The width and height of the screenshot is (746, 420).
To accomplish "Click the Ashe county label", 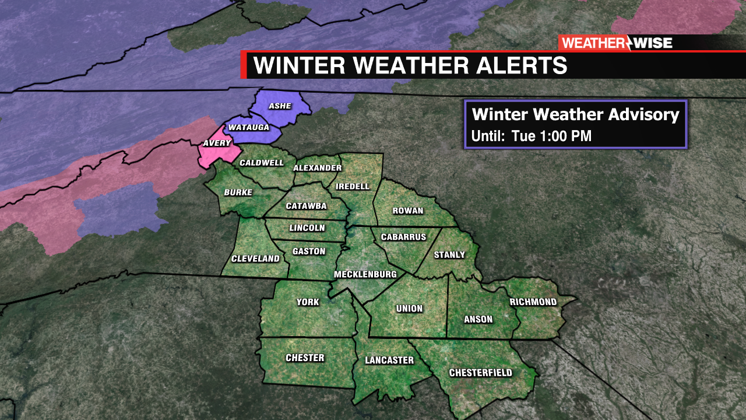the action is [280, 107].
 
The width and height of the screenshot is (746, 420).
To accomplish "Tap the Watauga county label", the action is [248, 127].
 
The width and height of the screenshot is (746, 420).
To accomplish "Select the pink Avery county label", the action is [217, 143].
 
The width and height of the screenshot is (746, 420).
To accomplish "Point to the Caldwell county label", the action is [262, 163].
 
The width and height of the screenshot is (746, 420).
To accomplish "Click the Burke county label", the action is [238, 192].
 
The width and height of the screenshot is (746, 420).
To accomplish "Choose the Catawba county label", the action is [306, 206].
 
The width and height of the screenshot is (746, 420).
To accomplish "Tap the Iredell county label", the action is [353, 186].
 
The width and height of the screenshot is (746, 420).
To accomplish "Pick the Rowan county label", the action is [408, 211].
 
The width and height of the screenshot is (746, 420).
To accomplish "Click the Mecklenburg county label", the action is [365, 274].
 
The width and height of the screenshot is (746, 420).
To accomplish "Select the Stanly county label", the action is [450, 254].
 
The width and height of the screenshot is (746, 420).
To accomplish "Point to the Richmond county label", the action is [533, 302].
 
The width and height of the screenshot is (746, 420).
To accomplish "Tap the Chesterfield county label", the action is [481, 373].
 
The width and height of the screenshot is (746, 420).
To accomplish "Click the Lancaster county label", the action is [389, 360].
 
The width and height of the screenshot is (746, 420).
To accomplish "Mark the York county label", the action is [308, 302].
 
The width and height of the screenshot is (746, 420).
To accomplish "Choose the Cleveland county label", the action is [255, 258].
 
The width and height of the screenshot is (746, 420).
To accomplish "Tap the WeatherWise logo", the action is [617, 43].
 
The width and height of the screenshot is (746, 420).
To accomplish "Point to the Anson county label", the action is [478, 319].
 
